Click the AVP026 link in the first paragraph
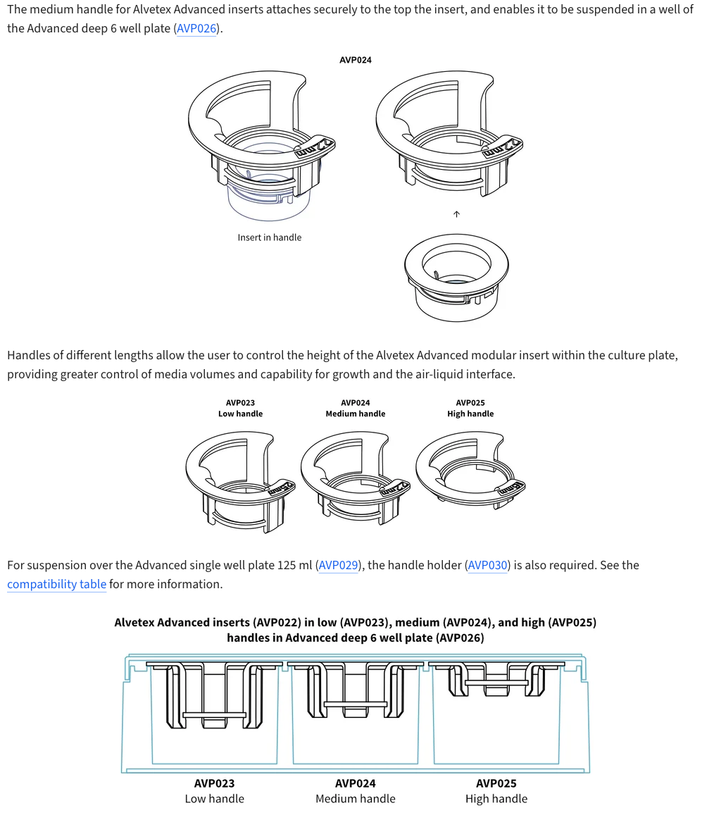(196, 29)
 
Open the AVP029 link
(339, 565)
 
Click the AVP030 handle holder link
(487, 565)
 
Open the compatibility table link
(56, 584)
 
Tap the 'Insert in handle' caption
(269, 237)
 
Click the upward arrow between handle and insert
(456, 214)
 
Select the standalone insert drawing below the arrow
(456, 276)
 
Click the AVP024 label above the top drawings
(356, 60)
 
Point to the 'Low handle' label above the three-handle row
(240, 414)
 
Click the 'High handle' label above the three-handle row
(470, 414)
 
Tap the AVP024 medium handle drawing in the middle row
(356, 476)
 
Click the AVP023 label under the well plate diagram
(215, 783)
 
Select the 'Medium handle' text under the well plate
(356, 799)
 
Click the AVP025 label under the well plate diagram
(496, 783)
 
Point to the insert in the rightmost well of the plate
(496, 679)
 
